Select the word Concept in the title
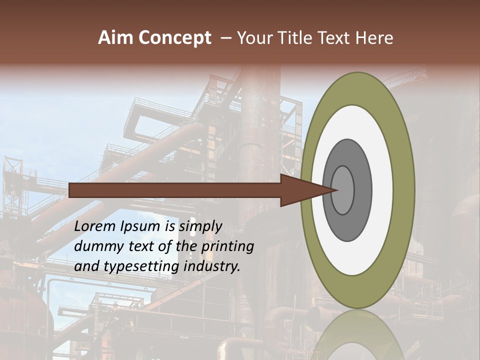click(175, 38)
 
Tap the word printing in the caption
click(227, 247)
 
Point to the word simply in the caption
click(200, 227)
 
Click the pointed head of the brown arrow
click(305, 190)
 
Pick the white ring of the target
click(382, 190)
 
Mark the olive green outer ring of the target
click(405, 190)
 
